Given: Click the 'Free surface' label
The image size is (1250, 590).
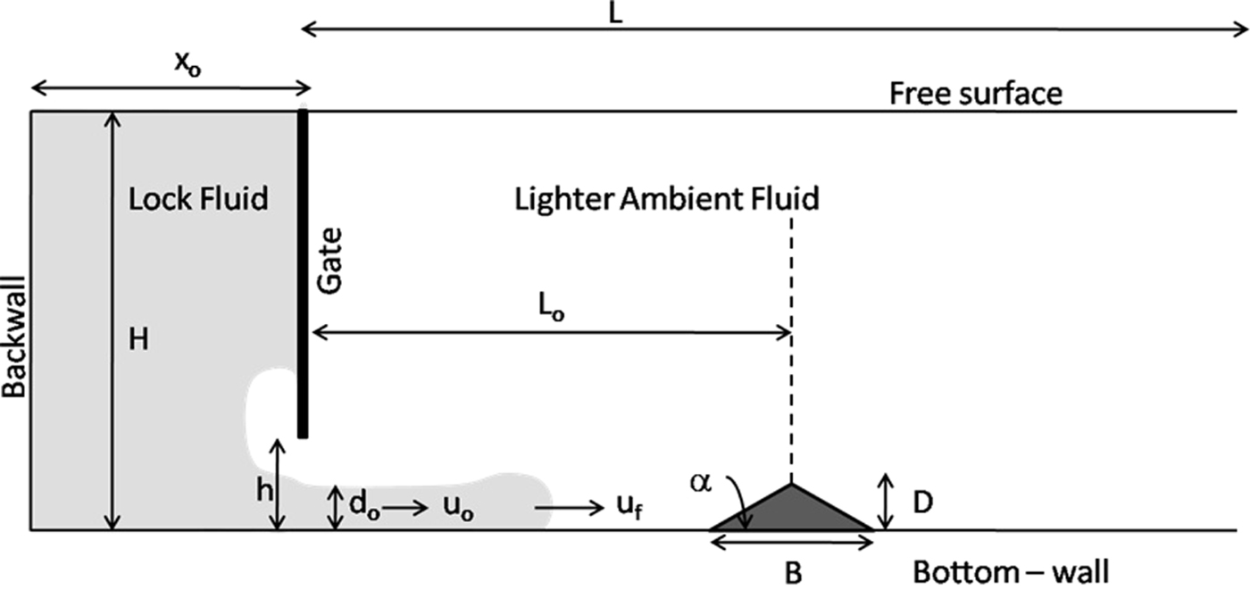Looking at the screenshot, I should point(976,93).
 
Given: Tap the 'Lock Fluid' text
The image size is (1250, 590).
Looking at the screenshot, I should point(197,198).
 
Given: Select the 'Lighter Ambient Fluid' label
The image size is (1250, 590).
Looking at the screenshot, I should point(666,198).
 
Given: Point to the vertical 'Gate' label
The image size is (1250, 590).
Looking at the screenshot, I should point(331,260).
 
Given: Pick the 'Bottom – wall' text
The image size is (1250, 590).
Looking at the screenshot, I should point(1011,571).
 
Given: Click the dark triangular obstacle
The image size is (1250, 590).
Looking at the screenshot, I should point(791,514).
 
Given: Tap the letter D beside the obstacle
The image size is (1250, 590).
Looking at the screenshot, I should point(922,503).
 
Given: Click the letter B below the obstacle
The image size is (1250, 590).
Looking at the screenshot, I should point(793,572).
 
